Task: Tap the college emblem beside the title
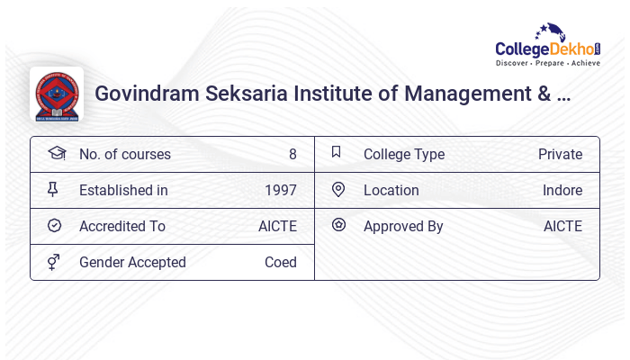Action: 57,94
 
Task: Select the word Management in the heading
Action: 470,94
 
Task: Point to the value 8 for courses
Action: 292,155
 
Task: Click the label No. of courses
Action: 124,155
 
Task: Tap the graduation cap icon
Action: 56,154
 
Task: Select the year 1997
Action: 280,191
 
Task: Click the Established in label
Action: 123,191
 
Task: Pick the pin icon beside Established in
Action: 55,190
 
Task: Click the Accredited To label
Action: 122,227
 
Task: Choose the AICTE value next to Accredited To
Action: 277,227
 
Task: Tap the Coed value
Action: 280,263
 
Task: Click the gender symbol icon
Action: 55,262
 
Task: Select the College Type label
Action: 404,155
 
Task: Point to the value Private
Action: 560,155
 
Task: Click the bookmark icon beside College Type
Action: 337,153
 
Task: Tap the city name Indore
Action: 562,191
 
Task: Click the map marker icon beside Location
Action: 338,190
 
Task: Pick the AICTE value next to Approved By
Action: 562,227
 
